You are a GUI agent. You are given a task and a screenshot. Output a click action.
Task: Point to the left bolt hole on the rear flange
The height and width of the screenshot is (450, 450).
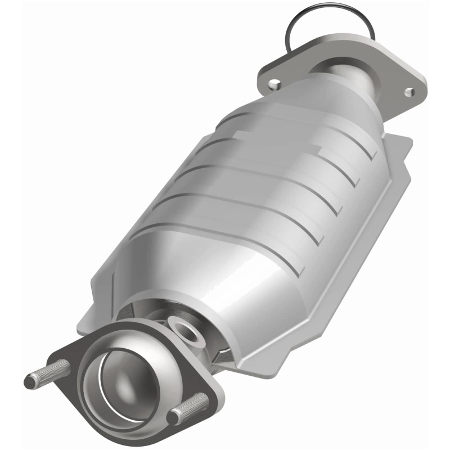[274, 84]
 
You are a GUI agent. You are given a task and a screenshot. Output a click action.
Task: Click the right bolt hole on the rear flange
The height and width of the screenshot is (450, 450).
[409, 91]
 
